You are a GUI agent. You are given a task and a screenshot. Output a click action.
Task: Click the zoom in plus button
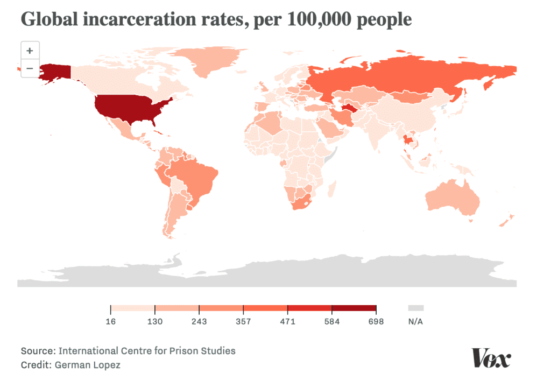click(x=30, y=51)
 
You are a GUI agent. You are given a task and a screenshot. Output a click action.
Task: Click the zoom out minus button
click(x=30, y=68)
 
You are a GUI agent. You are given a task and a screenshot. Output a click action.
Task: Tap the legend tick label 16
click(x=110, y=322)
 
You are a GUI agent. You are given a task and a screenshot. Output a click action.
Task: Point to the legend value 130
click(x=155, y=322)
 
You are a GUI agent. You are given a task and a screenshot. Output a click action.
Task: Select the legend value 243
click(x=199, y=322)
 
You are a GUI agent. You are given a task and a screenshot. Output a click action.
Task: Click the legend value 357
click(x=243, y=322)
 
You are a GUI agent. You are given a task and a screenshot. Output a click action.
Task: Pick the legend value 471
click(x=287, y=322)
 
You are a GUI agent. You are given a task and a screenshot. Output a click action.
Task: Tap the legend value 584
click(x=331, y=322)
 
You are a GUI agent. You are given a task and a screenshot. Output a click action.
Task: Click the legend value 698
click(x=376, y=322)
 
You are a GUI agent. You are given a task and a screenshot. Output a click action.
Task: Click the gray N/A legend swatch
click(x=415, y=308)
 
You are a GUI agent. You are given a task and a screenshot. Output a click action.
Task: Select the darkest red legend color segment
click(x=354, y=308)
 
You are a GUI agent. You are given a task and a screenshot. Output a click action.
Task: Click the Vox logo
click(x=491, y=358)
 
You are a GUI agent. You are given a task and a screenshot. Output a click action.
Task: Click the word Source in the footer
click(x=38, y=351)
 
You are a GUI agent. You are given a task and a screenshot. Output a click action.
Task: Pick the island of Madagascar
click(x=331, y=189)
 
